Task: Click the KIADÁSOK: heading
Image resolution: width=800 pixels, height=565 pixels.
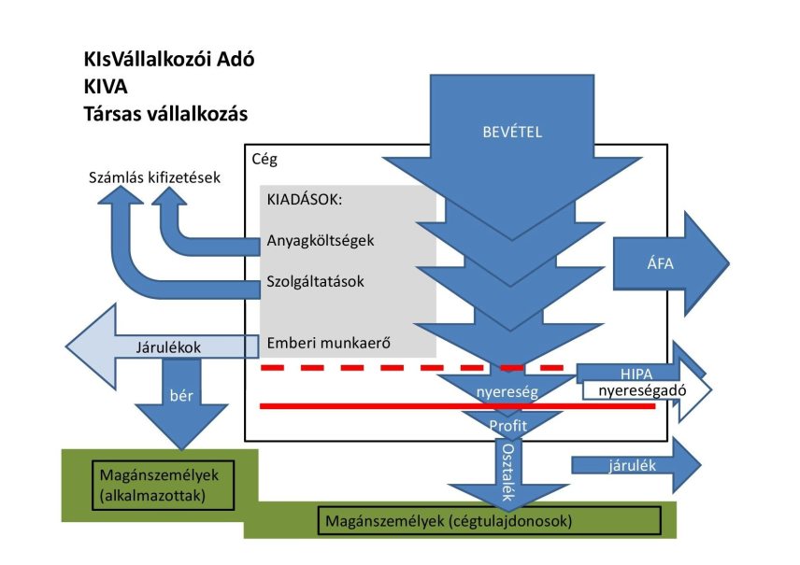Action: [x=304, y=200]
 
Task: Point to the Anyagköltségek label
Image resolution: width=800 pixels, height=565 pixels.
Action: [x=321, y=240]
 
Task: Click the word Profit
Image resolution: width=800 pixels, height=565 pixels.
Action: [x=508, y=425]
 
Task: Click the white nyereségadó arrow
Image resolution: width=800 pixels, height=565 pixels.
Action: [x=645, y=390]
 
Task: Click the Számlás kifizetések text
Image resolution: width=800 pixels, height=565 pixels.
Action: [x=154, y=177]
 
